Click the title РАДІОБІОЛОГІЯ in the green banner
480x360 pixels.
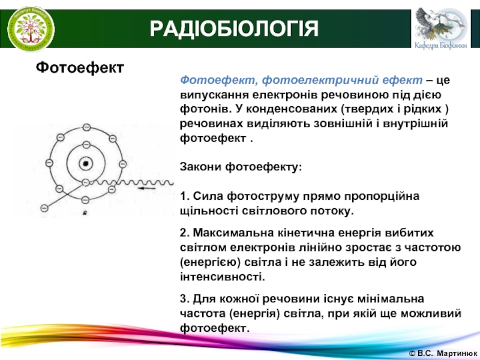234,29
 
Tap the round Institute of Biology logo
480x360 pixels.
31,29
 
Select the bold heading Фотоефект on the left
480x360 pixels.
80,67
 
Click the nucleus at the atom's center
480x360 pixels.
86,164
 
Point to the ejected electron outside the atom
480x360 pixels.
44,208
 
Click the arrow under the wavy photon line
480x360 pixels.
146,188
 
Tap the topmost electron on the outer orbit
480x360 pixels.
86,127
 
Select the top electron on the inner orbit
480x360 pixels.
86,145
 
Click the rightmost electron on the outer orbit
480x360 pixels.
122,164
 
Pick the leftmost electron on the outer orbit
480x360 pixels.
49,163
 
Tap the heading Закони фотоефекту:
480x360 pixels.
241,167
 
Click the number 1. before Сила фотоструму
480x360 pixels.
185,196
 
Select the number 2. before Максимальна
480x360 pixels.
185,233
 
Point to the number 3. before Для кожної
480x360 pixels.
185,298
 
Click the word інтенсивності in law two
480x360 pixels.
222,277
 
